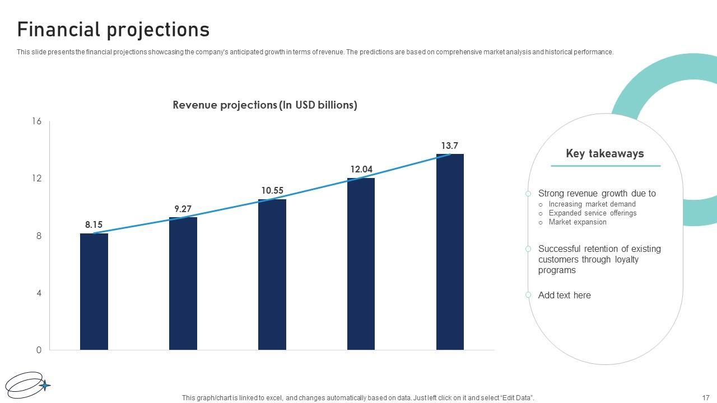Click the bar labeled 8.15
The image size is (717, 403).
click(x=94, y=291)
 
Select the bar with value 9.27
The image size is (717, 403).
click(x=183, y=283)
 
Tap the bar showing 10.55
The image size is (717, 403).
click(x=272, y=274)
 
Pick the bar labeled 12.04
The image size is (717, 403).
click(x=361, y=264)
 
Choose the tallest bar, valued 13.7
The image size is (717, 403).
click(x=450, y=252)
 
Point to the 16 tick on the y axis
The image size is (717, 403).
click(x=37, y=121)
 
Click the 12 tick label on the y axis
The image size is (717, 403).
click(x=37, y=179)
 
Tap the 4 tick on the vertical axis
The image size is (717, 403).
click(x=39, y=293)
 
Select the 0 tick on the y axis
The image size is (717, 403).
click(x=39, y=350)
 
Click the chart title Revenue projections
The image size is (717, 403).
click(x=265, y=105)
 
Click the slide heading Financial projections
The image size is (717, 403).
click(x=113, y=29)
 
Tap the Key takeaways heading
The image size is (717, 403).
click(x=605, y=153)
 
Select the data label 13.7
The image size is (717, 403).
click(x=450, y=146)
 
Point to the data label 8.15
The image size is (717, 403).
click(x=94, y=225)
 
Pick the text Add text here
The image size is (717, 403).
click(x=564, y=296)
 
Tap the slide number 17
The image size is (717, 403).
click(x=706, y=398)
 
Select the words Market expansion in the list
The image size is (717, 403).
click(x=578, y=222)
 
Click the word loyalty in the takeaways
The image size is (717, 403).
click(x=627, y=260)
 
